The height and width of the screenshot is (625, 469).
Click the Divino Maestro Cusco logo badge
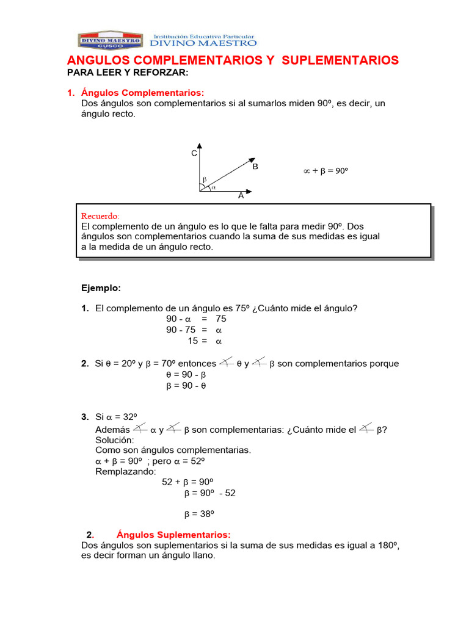point(110,41)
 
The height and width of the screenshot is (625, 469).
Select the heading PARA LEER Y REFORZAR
point(128,73)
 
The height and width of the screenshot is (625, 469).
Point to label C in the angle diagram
point(194,154)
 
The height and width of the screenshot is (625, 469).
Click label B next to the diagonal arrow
point(255,167)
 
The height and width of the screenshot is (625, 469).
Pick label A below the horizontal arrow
point(241,197)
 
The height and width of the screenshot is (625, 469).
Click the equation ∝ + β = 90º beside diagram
point(325,172)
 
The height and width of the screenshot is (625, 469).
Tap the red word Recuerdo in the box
point(101,216)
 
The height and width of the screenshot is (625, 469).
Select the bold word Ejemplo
point(101,287)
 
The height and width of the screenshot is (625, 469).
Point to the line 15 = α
point(205,341)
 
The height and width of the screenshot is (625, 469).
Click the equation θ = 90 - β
point(186,374)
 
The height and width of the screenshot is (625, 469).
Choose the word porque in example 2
point(379,364)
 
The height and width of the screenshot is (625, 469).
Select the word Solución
point(114,439)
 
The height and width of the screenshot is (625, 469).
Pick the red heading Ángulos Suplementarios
point(173,533)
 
